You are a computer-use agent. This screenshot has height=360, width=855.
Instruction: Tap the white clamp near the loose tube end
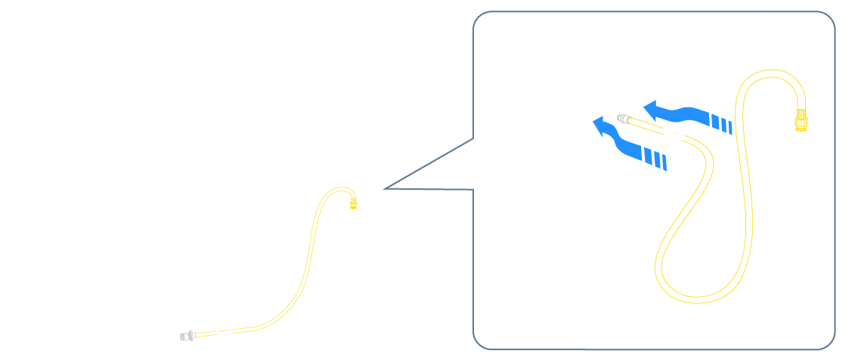[222, 330]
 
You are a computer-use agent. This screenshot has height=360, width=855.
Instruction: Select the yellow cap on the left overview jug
[353, 203]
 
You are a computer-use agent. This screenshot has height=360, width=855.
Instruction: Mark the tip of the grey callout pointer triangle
[383, 188]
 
